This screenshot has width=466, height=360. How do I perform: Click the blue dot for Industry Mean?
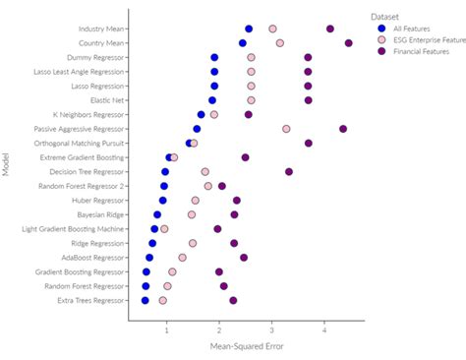[x=249, y=30]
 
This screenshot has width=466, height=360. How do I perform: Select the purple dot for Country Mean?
[x=349, y=43]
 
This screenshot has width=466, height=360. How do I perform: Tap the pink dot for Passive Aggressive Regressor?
[x=286, y=129]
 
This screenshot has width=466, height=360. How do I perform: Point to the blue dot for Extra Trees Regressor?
[x=145, y=300]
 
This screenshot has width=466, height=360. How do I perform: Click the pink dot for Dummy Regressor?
[x=251, y=58]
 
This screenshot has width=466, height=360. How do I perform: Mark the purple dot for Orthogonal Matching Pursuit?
[x=309, y=144]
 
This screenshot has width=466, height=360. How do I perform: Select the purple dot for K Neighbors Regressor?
[x=249, y=115]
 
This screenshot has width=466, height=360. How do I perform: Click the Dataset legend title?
[x=386, y=16]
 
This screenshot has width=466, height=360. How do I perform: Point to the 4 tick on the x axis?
[x=325, y=332]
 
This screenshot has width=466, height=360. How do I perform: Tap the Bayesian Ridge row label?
[x=101, y=214]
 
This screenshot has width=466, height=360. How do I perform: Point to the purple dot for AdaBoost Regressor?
[x=244, y=258]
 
